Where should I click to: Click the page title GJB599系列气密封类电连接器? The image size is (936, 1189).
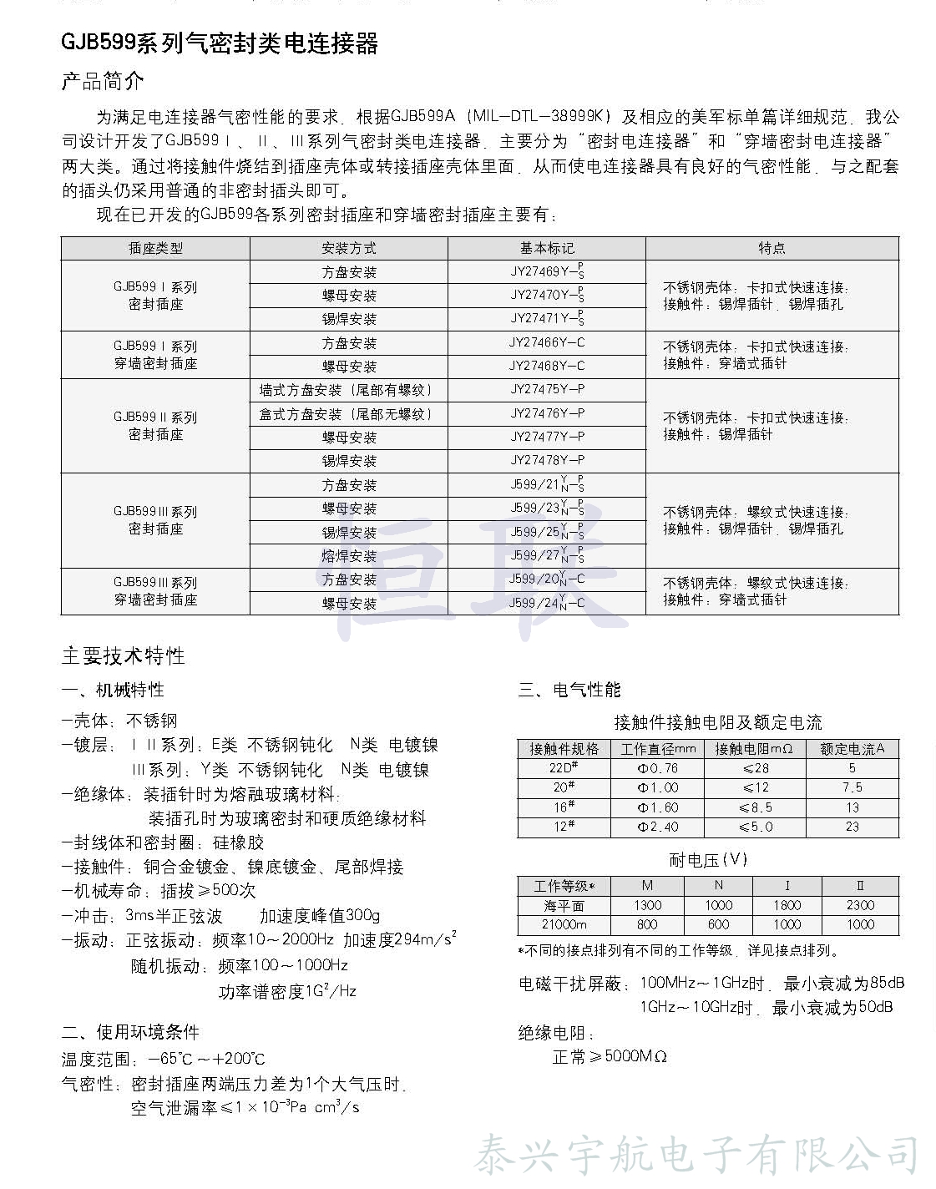220,43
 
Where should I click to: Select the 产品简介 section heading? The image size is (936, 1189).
103,82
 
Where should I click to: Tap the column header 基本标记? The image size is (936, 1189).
547,248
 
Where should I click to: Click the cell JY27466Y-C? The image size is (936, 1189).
547,342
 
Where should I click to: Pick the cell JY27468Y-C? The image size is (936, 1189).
547,366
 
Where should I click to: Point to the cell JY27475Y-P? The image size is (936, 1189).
547,389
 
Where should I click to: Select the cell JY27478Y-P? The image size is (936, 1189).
547,460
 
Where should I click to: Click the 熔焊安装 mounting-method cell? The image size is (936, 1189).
349,556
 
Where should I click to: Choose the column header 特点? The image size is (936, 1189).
772,248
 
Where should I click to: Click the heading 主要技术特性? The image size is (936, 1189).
123,656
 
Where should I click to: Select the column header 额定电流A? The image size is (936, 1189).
852,749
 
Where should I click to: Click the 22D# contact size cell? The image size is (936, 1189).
564,768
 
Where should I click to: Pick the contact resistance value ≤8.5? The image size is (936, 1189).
755,807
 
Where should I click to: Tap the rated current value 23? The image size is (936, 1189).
852,827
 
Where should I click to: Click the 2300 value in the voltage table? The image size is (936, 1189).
860,905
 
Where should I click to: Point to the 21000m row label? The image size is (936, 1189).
564,924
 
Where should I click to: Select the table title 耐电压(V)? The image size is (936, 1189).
708,860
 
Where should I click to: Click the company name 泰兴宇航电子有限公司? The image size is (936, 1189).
696,1156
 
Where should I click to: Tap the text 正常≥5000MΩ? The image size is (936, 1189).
610,1057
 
